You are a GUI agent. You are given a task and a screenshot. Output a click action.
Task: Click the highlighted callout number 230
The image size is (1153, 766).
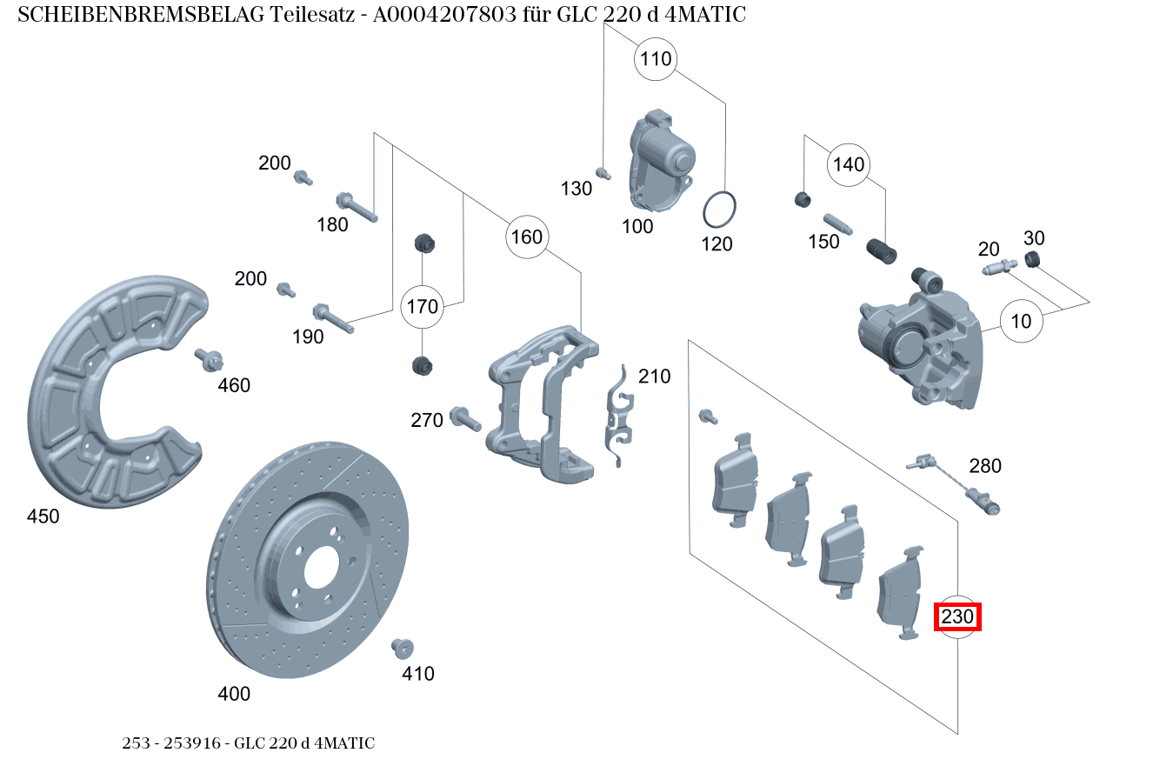click(957, 616)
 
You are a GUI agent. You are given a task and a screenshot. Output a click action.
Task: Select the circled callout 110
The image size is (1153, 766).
click(656, 59)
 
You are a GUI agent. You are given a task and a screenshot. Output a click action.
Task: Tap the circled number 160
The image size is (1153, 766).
click(526, 236)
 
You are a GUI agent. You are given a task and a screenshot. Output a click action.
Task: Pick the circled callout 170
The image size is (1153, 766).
click(423, 306)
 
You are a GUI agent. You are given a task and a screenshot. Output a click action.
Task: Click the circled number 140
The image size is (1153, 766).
click(849, 164)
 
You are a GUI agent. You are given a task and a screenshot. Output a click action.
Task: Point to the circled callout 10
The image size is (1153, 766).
click(1021, 321)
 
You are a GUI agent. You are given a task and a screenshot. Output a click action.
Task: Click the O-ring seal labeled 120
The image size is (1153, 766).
click(720, 210)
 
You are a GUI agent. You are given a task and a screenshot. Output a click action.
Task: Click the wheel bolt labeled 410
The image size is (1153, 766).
click(403, 648)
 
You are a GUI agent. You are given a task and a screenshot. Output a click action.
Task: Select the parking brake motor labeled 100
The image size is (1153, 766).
click(660, 161)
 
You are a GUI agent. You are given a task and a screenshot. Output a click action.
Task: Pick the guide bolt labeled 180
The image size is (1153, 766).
click(356, 205)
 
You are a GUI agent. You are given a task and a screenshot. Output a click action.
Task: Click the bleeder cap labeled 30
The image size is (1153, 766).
click(1033, 259)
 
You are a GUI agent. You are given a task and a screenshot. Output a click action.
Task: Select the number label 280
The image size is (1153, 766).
click(984, 466)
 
